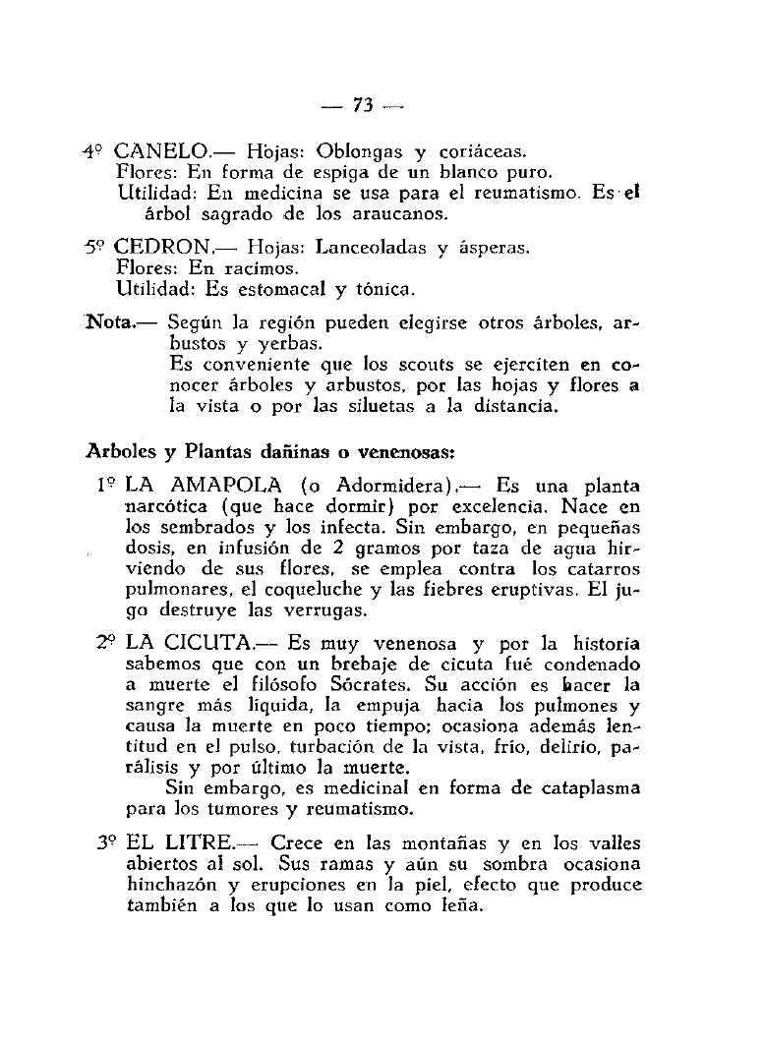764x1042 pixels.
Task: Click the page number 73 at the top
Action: click(365, 105)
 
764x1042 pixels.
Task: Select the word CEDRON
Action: click(162, 248)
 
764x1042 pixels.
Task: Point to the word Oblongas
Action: click(351, 152)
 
